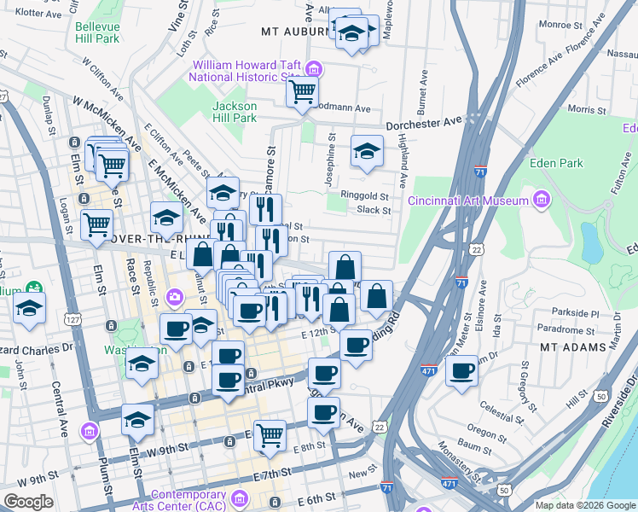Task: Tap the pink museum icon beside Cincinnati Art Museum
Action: pyautogui.click(x=540, y=201)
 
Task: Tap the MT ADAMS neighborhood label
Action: pyautogui.click(x=573, y=347)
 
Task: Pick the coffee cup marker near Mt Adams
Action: pyautogui.click(x=462, y=370)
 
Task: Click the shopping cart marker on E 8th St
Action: pyautogui.click(x=270, y=433)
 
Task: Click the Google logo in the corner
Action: pyautogui.click(x=28, y=501)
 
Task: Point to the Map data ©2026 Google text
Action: pyautogui.click(x=585, y=505)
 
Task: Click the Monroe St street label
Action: pyautogui.click(x=560, y=26)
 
